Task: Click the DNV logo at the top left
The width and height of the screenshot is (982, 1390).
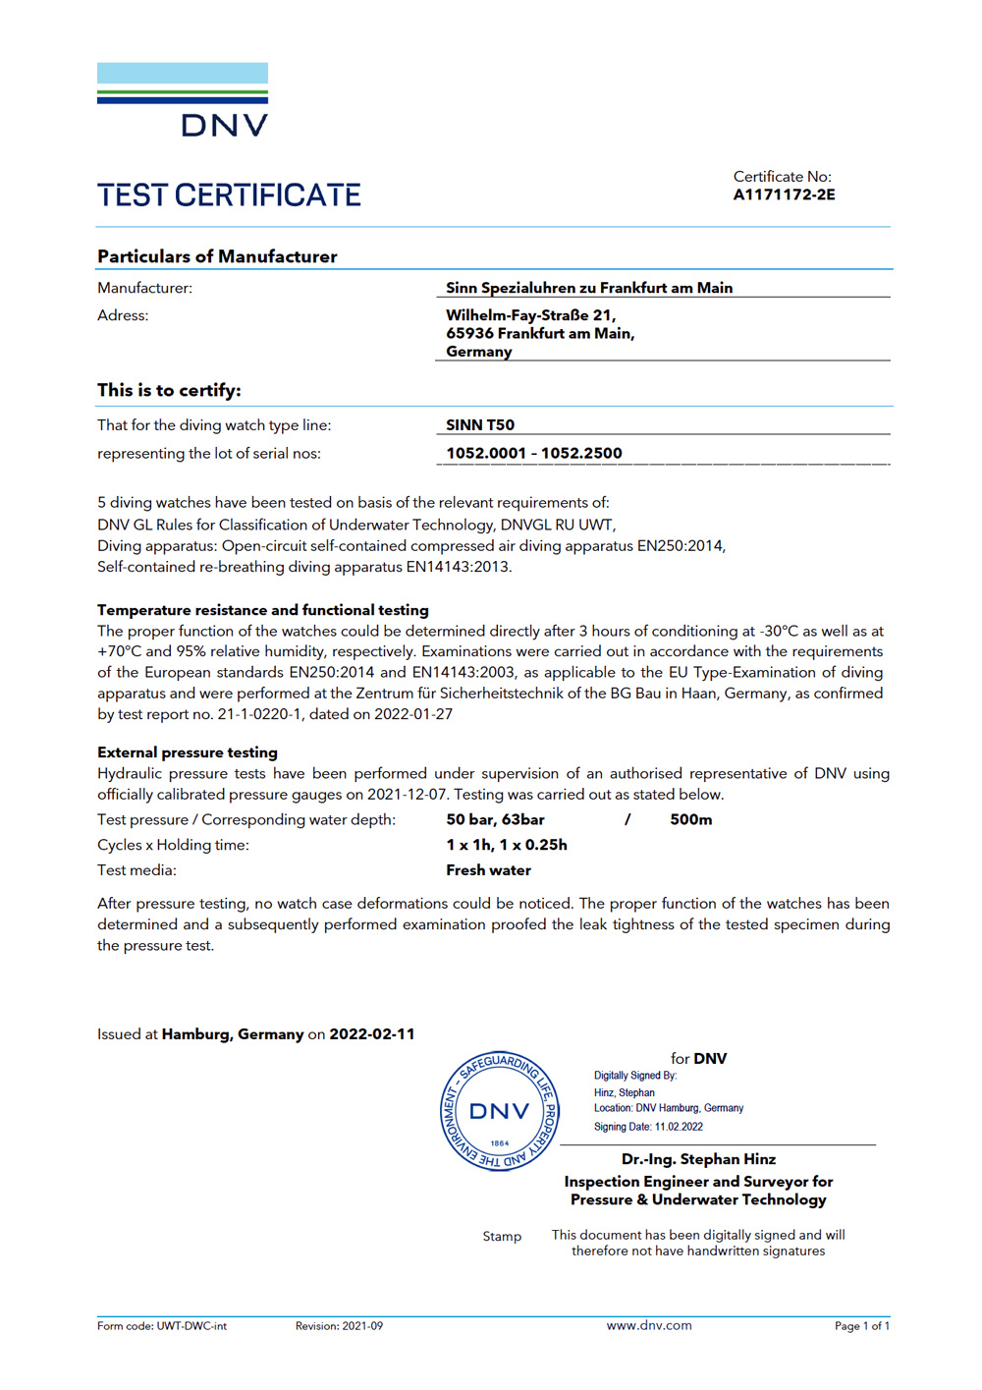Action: [183, 100]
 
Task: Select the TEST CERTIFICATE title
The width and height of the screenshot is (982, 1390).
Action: [229, 195]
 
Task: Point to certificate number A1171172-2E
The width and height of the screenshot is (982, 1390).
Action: [784, 195]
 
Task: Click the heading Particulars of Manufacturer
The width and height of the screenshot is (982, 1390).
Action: [217, 256]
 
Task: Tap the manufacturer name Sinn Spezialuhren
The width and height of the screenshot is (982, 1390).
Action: [589, 288]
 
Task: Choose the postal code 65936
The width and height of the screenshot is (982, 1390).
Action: [469, 333]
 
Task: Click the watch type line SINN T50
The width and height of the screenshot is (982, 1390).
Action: [480, 424]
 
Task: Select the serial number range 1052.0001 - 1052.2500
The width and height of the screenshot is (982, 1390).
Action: [534, 453]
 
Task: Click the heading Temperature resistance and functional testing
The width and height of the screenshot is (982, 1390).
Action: [263, 610]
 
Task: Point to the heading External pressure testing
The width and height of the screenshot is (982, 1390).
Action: [188, 752]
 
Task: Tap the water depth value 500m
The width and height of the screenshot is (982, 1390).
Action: [691, 819]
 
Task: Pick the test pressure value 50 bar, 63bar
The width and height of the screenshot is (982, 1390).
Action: [495, 819]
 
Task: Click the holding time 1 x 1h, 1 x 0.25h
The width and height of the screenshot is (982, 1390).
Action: [507, 845]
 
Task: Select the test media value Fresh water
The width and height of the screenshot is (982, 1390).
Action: [488, 870]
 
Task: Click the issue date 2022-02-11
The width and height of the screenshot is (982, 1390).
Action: [372, 1034]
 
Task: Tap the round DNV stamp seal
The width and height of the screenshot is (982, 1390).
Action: [499, 1111]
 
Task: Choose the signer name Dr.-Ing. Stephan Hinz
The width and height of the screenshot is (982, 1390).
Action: [698, 1159]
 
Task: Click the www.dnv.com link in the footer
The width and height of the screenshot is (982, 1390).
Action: [649, 1325]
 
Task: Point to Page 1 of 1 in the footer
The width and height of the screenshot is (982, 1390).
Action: [861, 1326]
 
